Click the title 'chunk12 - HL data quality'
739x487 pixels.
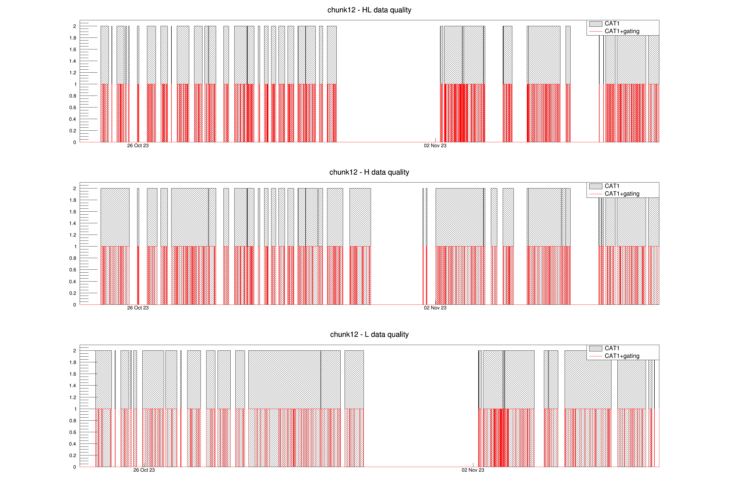[369, 10]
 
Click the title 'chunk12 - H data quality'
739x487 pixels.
[369, 172]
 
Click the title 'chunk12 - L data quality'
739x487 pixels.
[369, 334]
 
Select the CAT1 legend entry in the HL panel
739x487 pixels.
[612, 24]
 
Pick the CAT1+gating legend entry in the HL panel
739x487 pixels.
[622, 31]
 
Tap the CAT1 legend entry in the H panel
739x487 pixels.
[612, 186]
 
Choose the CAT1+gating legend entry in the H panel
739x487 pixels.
[622, 194]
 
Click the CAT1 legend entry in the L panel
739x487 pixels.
[612, 348]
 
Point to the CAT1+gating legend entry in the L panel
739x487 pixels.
[622, 356]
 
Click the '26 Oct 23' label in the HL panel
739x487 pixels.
[138, 146]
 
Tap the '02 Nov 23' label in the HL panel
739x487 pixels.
[435, 146]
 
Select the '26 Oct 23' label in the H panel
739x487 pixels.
[138, 308]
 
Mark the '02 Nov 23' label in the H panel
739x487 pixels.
[435, 308]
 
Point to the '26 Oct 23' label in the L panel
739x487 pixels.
[144, 470]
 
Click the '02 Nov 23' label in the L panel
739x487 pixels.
[473, 470]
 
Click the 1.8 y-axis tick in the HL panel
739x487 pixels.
[73, 38]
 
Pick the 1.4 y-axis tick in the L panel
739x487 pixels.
[73, 386]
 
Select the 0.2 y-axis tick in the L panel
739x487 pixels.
[73, 456]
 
